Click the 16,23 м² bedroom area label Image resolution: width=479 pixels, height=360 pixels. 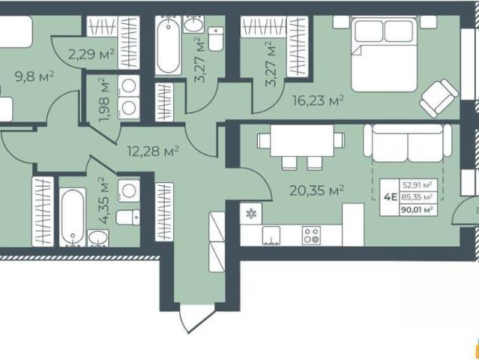click(319, 100)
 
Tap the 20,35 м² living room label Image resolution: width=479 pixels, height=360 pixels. click(316, 190)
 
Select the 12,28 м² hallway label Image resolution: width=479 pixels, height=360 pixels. click(153, 151)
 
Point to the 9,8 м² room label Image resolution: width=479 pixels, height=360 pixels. click(34, 76)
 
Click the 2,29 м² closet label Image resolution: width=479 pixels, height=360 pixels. click(91, 55)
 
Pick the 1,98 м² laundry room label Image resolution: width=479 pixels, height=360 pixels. click(104, 100)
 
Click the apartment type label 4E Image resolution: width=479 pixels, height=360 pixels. click(390, 197)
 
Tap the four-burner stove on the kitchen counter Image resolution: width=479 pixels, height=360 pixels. click(311, 235)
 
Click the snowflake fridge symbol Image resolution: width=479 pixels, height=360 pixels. click(251, 213)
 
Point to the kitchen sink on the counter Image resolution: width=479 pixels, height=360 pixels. click(271, 235)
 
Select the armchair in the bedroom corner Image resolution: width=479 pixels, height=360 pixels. click(439, 98)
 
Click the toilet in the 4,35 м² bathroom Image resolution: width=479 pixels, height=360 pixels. click(128, 217)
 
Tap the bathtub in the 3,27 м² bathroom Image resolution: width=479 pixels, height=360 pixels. click(168, 45)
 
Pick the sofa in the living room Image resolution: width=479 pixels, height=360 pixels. click(408, 142)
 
